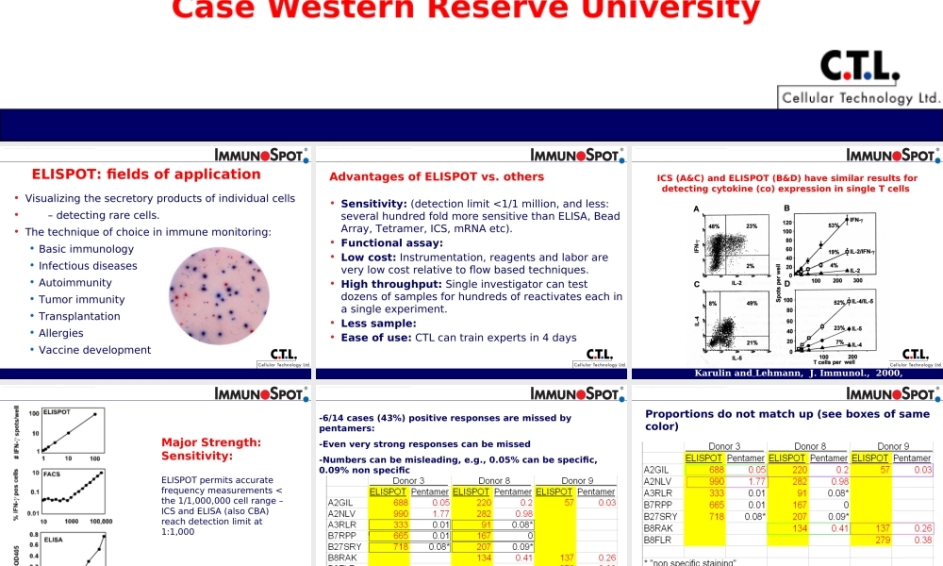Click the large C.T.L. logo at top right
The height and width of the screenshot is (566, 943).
859,66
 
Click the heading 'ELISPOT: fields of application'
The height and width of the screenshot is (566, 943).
146,175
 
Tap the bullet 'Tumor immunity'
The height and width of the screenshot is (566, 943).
81,300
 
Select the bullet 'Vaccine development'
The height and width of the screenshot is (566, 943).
94,350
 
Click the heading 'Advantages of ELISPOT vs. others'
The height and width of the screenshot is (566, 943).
437,176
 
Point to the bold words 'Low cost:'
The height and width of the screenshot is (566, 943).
369,258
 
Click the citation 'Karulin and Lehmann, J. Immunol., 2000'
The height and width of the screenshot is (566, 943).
798,374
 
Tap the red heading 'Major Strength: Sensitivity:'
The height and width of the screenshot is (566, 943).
211,449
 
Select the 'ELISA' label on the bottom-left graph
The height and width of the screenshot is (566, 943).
54,540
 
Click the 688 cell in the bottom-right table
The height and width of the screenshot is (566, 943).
716,470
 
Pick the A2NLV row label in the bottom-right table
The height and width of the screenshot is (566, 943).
657,481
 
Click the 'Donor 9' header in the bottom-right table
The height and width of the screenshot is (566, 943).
893,446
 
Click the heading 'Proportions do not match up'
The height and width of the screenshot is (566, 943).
787,420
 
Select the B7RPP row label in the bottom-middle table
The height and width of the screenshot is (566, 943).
340,536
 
